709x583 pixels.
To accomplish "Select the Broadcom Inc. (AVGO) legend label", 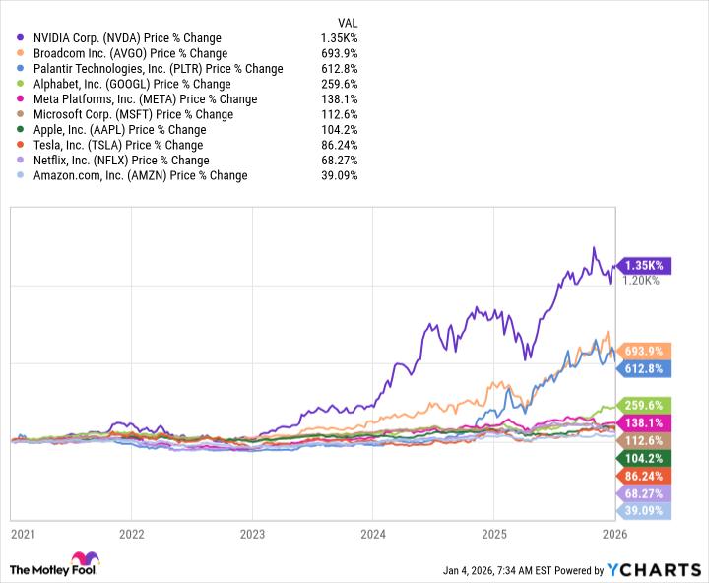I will click(x=128, y=53).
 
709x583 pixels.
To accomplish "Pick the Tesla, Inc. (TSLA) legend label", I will click(x=117, y=145).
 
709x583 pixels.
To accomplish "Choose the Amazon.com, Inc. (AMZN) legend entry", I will click(x=139, y=175).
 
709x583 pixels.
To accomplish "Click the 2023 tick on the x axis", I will click(x=253, y=534).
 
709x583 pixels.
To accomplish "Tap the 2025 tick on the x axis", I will click(x=495, y=534).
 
